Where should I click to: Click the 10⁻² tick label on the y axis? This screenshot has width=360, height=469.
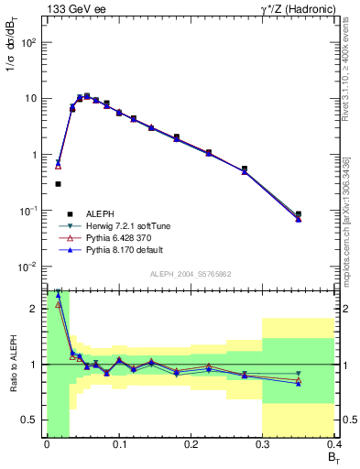27,267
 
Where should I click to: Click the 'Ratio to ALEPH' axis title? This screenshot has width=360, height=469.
13,364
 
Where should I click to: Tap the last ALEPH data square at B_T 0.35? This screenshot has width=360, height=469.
299,214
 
